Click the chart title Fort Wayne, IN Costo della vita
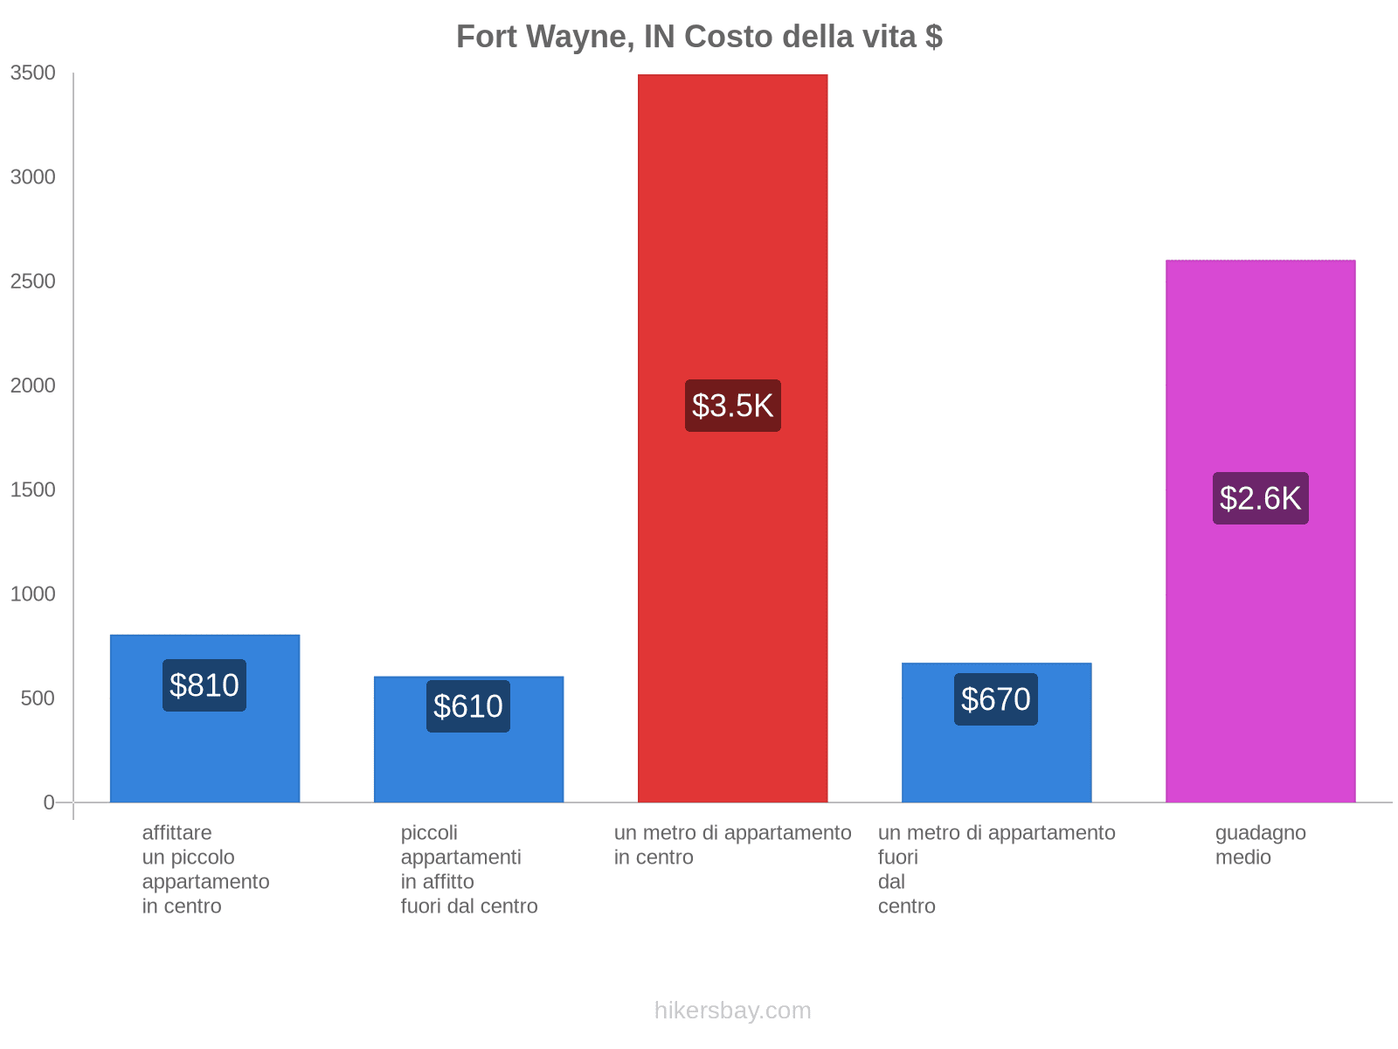(699, 37)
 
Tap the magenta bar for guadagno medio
(1260, 367)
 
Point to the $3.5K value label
(732, 406)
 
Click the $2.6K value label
(1260, 498)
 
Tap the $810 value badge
(204, 685)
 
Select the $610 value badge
(468, 706)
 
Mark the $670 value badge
(996, 699)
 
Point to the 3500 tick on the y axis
(33, 73)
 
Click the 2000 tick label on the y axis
(33, 386)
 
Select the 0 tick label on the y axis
(49, 802)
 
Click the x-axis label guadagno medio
(1260, 845)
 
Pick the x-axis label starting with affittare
(205, 869)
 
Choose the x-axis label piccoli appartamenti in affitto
(469, 869)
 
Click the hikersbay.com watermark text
(732, 1011)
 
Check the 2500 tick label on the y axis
(33, 281)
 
